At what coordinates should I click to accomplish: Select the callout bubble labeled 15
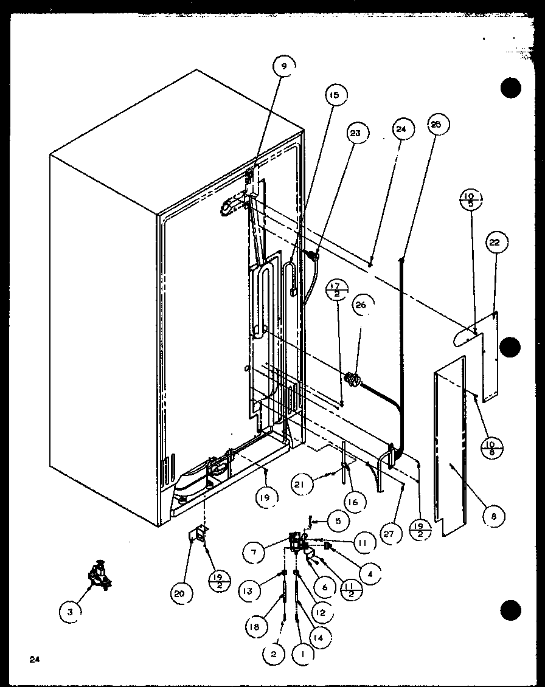(x=335, y=95)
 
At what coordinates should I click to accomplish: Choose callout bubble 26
(x=361, y=305)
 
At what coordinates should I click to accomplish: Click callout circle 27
(x=389, y=533)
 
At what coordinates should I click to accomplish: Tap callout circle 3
(x=70, y=613)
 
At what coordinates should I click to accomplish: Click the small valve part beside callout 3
(x=98, y=576)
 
